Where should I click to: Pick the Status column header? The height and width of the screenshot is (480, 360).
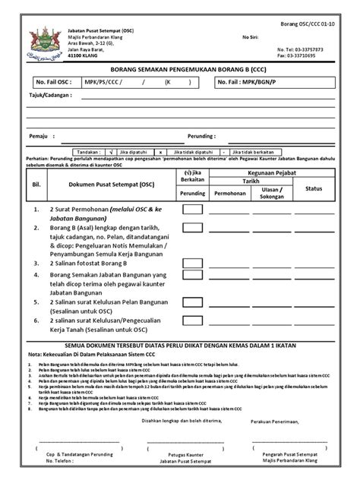point(314,188)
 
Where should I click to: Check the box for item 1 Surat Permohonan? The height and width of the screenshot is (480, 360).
point(192,209)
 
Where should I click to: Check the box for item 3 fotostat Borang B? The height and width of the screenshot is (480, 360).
point(192,262)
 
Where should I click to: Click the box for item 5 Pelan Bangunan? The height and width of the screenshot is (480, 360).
point(192,304)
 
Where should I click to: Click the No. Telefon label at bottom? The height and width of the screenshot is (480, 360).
point(61,460)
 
